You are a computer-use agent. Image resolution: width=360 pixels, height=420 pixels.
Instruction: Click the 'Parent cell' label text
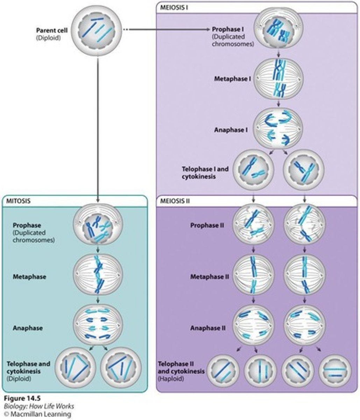coord(51,30)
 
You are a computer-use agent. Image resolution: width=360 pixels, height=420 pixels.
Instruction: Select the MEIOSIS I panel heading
coord(174,7)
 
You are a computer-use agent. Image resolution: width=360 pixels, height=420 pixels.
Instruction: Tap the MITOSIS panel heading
coord(18,201)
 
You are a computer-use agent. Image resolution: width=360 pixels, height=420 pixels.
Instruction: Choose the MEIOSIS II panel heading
coord(175,201)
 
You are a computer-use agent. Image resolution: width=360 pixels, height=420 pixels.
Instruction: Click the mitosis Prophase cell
coord(98,229)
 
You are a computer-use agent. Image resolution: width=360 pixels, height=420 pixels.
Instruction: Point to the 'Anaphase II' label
coord(207,328)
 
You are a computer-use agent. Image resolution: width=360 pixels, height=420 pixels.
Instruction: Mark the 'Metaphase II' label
coord(209,276)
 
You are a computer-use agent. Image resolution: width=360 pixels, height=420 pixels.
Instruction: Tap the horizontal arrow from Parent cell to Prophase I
coord(168,30)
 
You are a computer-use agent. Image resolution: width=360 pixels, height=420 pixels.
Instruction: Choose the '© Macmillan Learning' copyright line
coord(36,414)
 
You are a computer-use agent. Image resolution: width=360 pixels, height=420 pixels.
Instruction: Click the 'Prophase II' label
coord(207,225)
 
